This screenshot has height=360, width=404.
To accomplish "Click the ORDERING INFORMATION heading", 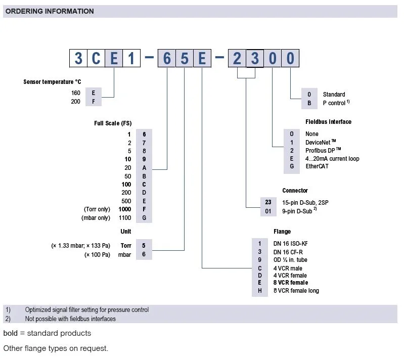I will [x=50, y=11].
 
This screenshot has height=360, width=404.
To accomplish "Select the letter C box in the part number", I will [x=96, y=59].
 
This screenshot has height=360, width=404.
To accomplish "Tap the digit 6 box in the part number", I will [x=166, y=59].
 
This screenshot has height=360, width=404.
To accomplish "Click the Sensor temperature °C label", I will [x=52, y=81].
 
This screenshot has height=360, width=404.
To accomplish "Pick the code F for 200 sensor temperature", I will [x=93, y=101].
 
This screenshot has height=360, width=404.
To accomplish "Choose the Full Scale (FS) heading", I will [x=113, y=123].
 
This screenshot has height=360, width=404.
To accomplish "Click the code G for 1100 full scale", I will [x=144, y=218].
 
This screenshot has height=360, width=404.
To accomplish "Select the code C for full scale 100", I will [x=144, y=185].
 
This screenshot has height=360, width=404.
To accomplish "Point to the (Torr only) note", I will [x=98, y=209].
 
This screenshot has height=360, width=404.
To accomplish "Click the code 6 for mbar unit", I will [x=144, y=254].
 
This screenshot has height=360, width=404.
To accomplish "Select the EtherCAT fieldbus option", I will [x=317, y=166].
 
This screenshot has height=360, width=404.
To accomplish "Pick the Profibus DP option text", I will [x=323, y=150].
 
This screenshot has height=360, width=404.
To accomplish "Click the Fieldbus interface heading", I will [x=328, y=122].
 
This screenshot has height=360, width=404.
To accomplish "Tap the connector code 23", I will [x=268, y=202].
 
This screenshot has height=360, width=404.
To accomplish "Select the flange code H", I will [x=259, y=291].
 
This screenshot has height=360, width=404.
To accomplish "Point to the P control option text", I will [x=334, y=103].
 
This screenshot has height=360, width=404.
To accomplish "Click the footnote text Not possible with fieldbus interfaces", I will [x=70, y=319].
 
